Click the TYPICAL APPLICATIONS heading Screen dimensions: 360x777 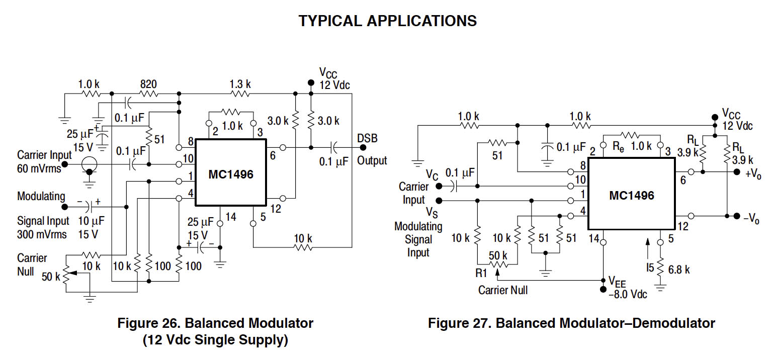388,21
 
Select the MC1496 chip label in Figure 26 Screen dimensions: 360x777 231,174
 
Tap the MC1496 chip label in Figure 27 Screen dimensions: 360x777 631,196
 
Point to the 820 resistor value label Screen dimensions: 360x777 148,83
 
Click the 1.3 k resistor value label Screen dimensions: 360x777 240,83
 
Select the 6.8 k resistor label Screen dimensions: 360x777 679,269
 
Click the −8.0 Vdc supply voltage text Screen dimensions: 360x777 628,294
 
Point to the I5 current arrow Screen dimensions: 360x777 648,249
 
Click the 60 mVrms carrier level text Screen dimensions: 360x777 39,168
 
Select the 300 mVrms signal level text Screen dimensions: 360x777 42,234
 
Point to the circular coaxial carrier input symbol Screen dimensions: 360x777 90,163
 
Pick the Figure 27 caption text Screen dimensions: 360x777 571,323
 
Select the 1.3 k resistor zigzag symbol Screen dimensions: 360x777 240,94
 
